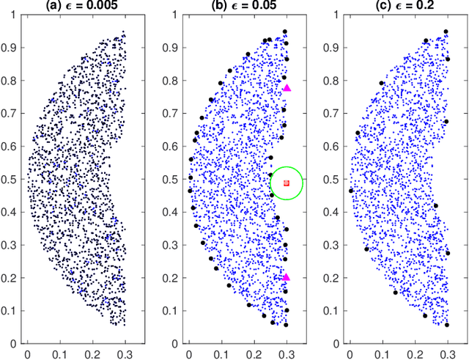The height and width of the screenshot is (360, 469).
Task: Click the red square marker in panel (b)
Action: click(x=287, y=183)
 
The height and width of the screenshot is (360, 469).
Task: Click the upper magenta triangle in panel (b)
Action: click(x=287, y=88)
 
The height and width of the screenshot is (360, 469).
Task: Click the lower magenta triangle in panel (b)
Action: click(x=287, y=278)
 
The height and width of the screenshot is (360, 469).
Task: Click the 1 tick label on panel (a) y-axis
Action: click(x=14, y=15)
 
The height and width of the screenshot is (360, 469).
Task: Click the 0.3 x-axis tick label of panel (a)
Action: click(x=125, y=353)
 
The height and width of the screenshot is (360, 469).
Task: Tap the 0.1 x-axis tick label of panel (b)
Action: click(x=221, y=353)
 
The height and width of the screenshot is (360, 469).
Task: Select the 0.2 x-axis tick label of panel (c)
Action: click(x=415, y=353)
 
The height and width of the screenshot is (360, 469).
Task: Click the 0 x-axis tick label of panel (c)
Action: click(x=350, y=353)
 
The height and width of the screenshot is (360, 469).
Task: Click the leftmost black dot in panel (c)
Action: click(x=351, y=191)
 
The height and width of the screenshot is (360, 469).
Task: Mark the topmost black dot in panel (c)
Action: click(x=446, y=32)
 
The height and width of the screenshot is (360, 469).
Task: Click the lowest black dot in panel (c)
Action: click(x=446, y=325)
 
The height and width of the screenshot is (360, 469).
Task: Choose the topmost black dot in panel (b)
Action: click(x=285, y=32)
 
